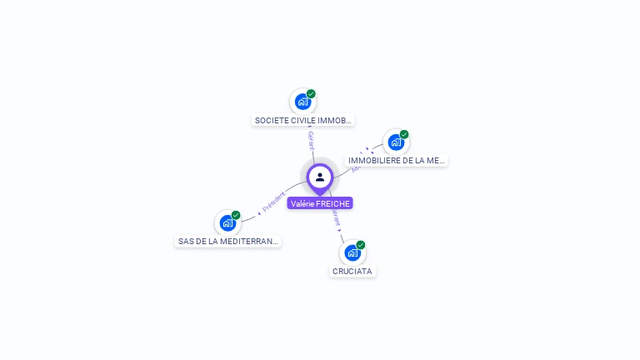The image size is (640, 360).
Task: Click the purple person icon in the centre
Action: click(x=320, y=177)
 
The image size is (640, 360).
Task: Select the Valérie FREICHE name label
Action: click(x=320, y=203)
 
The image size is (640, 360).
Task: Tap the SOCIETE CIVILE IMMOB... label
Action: click(x=303, y=120)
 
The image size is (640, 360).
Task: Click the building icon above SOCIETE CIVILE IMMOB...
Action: click(x=302, y=102)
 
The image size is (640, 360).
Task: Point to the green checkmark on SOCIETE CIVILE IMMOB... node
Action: click(x=311, y=94)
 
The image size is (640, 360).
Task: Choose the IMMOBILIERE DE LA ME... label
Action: click(x=397, y=160)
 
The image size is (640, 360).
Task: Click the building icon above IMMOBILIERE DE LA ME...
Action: click(x=396, y=142)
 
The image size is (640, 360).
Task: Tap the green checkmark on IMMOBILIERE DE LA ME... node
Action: click(x=404, y=134)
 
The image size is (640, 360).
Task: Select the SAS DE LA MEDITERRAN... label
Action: click(x=228, y=242)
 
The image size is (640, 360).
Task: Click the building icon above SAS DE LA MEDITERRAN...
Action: click(x=227, y=222)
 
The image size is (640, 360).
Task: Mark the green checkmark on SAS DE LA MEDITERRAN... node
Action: click(x=236, y=215)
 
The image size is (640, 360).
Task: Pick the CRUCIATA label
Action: click(x=352, y=271)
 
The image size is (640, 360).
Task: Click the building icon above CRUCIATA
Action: click(x=352, y=252)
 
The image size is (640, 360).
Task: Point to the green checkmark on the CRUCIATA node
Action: click(x=361, y=245)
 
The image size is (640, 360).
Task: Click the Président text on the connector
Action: click(x=274, y=202)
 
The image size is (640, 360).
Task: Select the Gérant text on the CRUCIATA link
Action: click(x=336, y=218)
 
